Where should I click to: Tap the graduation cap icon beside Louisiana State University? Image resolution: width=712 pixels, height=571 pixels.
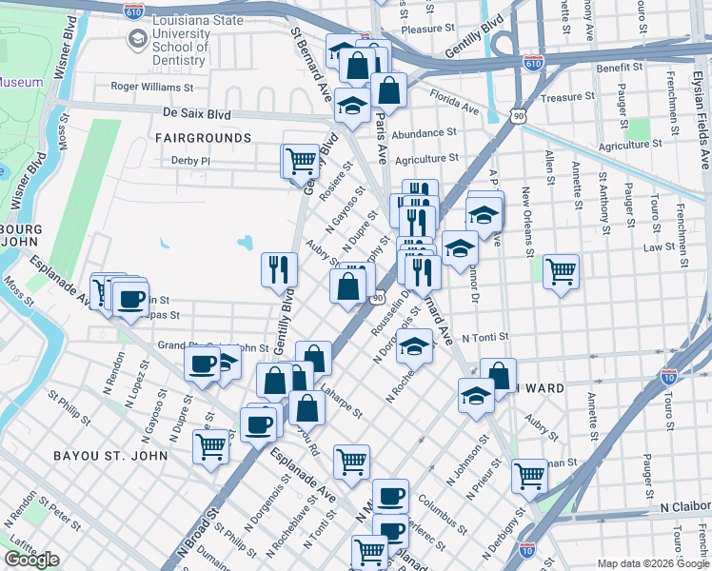(x=139, y=39)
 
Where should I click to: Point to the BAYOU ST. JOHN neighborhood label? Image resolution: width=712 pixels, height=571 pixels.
(x=110, y=456)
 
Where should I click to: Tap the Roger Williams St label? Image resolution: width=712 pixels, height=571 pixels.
(x=152, y=86)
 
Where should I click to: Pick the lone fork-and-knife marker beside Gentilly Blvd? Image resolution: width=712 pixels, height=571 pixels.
(x=279, y=269)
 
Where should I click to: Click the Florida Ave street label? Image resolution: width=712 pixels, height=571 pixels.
(x=454, y=102)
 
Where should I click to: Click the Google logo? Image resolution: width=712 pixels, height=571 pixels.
(x=31, y=560)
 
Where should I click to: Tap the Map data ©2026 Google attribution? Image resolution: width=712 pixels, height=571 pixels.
(x=652, y=563)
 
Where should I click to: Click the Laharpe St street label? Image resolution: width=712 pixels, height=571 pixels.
(x=340, y=401)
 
